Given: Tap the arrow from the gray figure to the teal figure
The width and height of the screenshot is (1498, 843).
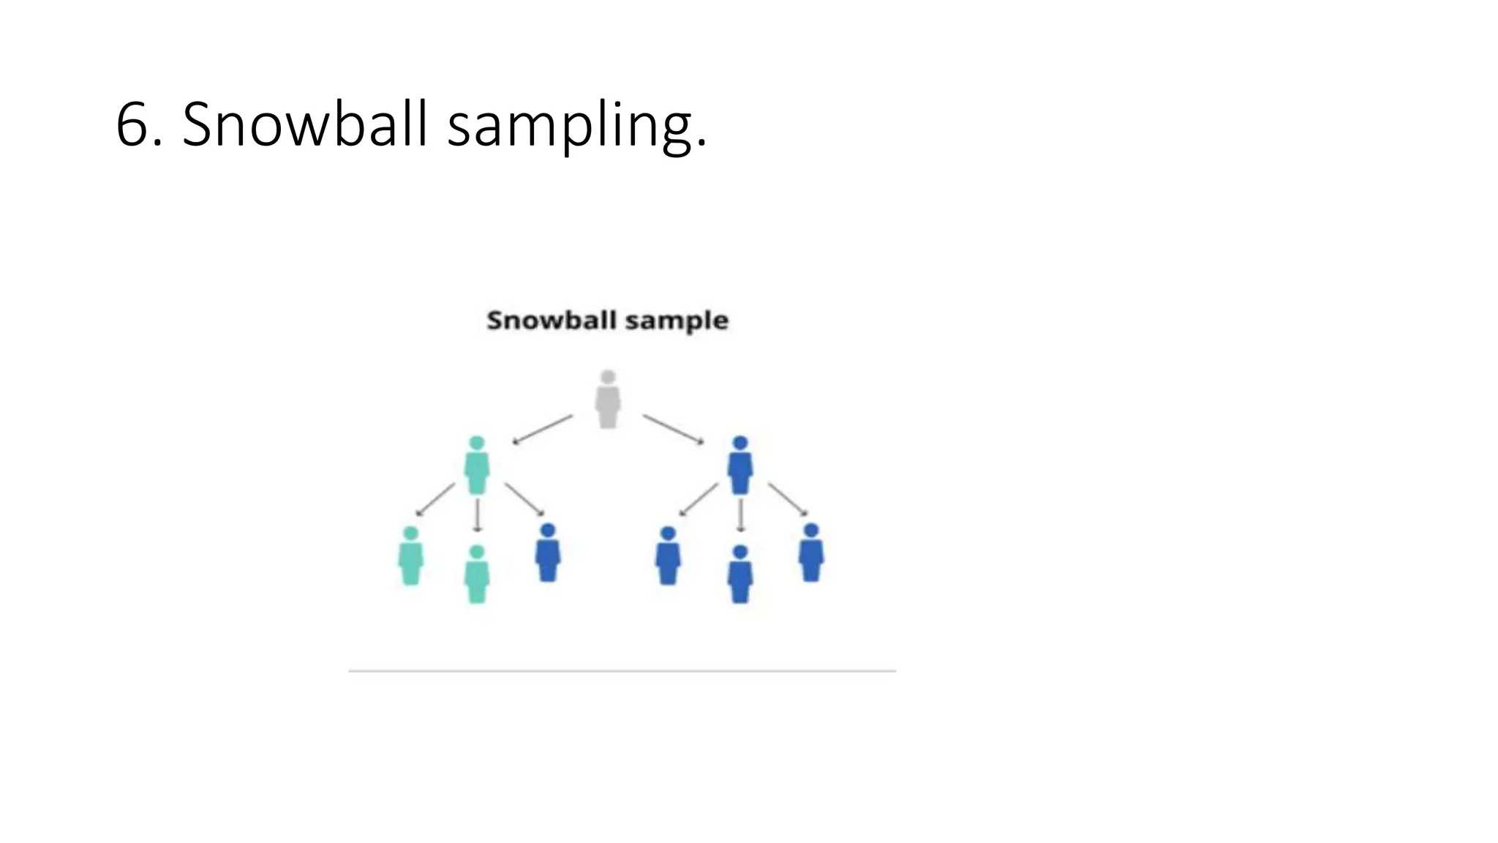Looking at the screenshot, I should pyautogui.click(x=542, y=430).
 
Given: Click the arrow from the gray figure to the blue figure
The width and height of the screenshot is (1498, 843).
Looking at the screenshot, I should pyautogui.click(x=674, y=430).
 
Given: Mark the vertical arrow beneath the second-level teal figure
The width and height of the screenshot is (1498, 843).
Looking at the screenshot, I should pyautogui.click(x=478, y=515).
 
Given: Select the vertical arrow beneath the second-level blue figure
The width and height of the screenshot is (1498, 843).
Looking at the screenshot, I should pyautogui.click(x=741, y=515).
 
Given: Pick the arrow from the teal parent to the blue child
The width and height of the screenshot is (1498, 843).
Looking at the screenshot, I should pyautogui.click(x=524, y=499).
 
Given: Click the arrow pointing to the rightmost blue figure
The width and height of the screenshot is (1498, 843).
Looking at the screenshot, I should pyautogui.click(x=788, y=499).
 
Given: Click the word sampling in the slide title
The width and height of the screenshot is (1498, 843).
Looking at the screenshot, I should pyautogui.click(x=576, y=126).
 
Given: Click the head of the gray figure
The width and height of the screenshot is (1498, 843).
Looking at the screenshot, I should pyautogui.click(x=608, y=378).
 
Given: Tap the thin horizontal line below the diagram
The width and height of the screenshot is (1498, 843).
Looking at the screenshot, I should pyautogui.click(x=622, y=670).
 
